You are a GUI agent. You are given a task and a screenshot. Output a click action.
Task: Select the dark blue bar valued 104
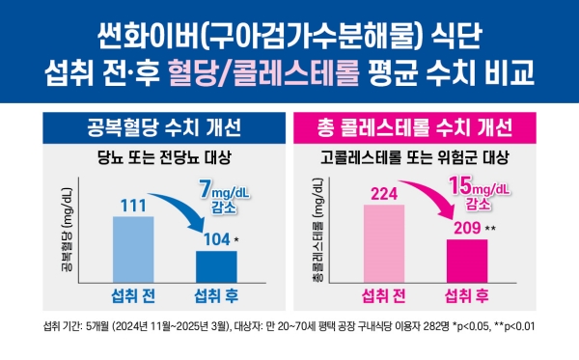click(215, 263)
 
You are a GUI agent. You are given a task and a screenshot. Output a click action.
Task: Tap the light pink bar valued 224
click(383, 244)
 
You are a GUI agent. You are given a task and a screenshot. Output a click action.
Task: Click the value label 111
click(133, 206)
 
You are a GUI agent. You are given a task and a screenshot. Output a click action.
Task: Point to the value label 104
click(214, 238)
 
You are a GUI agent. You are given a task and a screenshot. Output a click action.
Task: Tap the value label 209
click(464, 227)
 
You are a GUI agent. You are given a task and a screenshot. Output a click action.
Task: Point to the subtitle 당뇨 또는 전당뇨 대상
click(158, 155)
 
